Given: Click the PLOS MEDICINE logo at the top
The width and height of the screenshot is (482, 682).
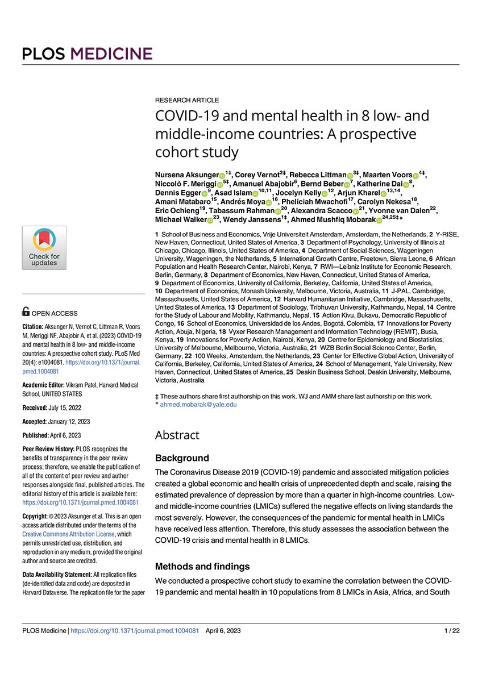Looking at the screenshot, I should tap(88, 54).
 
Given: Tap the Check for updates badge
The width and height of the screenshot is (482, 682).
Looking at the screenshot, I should tap(44, 247).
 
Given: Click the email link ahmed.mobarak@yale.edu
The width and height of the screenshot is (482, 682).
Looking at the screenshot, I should tap(198, 405).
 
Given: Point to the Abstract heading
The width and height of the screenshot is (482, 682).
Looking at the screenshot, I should tap(177, 435).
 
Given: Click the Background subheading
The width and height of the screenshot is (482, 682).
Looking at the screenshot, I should tap(182, 458).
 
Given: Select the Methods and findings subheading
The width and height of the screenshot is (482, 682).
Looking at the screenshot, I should tap(202, 566).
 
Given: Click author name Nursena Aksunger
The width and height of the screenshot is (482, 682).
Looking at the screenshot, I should tap(186, 173).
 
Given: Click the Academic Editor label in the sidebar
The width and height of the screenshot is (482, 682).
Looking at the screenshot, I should tap(44, 385).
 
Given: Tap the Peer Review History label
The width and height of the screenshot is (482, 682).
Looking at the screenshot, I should tap(50, 449).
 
